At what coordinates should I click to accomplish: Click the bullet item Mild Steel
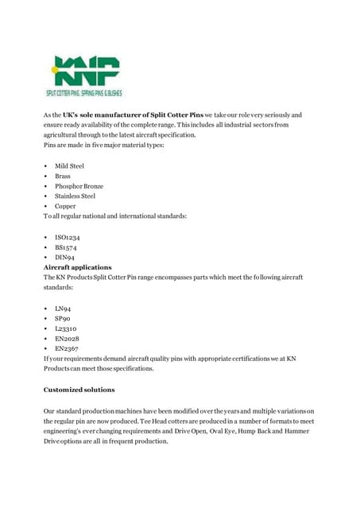coord(69,166)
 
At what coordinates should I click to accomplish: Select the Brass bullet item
coord(63,176)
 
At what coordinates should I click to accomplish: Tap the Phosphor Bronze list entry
coord(79,186)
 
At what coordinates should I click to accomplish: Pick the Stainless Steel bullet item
coord(75,196)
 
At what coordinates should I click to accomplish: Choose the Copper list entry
coord(65,206)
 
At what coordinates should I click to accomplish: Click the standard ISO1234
coord(67,237)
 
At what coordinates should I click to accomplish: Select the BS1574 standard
coord(67,247)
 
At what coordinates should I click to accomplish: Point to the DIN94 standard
coord(65,258)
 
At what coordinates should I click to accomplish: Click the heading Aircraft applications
coord(77,267)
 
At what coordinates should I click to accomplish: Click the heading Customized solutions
coord(79,390)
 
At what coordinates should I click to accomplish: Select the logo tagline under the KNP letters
coord(83,93)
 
